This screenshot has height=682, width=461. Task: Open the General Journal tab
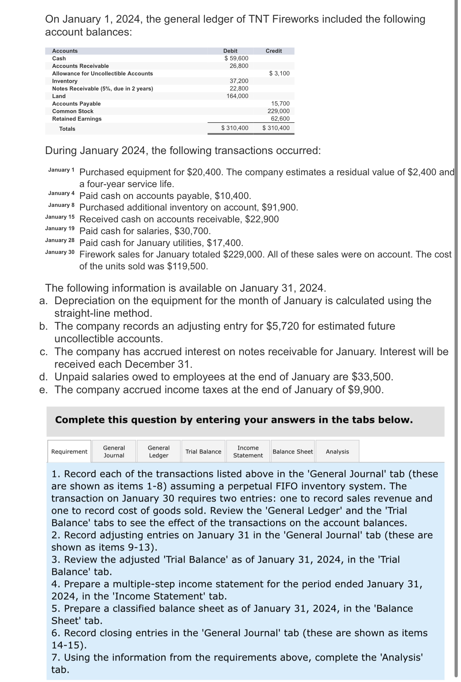pos(114,451)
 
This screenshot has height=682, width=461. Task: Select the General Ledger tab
pos(158,451)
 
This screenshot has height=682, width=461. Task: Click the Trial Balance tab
pos(203,451)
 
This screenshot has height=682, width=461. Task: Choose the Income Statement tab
pos(248,451)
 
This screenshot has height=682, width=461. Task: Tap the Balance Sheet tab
pos(293,451)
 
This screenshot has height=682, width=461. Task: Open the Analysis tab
pos(337,451)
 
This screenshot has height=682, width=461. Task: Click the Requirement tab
pos(69,451)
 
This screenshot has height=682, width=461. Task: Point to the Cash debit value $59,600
pos(236,58)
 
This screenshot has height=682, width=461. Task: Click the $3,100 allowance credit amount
pos(279,73)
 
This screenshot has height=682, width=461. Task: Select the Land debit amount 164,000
pos(237,96)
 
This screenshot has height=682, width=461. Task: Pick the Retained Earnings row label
pos(77,119)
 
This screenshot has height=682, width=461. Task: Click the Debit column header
pos(230,51)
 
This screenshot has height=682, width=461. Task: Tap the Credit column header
pos(274,51)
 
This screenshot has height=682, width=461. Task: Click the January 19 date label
pos(60,228)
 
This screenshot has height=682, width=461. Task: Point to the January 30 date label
pos(60,252)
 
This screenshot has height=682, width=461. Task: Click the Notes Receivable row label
pos(102,88)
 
